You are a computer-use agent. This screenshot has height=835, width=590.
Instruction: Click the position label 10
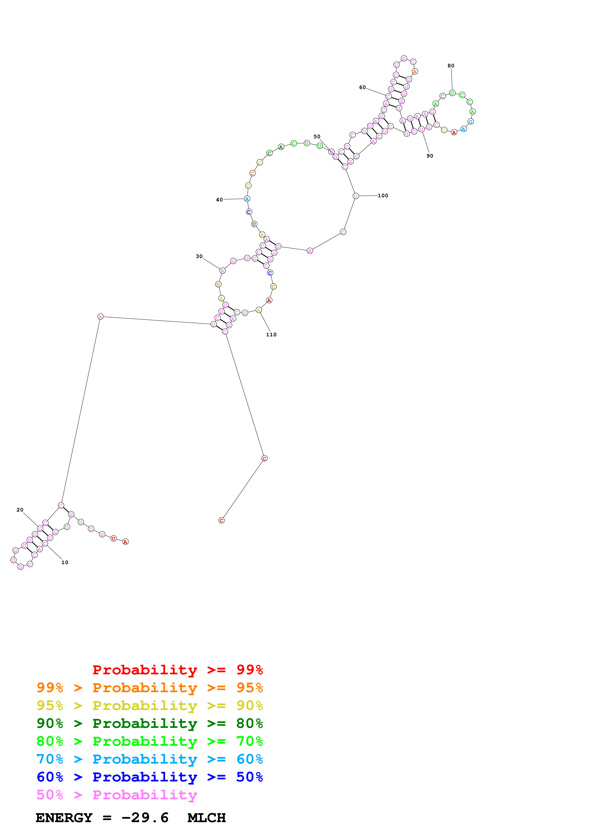pyautogui.click(x=65, y=562)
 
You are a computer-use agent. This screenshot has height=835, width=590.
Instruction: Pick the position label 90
pyautogui.click(x=429, y=156)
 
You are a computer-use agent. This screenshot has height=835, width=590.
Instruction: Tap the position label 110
pyautogui.click(x=271, y=335)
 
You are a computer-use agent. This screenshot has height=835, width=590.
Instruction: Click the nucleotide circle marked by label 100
pyautogui.click(x=356, y=196)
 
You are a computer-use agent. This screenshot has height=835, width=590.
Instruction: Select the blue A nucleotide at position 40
pyautogui.click(x=247, y=199)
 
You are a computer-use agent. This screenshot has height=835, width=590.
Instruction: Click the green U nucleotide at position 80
pyautogui.click(x=452, y=93)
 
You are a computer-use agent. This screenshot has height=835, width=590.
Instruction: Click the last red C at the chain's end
pyautogui.click(x=221, y=520)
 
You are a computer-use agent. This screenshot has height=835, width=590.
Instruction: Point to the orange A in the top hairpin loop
pyautogui.click(x=414, y=72)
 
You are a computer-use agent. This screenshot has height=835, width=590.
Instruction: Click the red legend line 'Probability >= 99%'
pyautogui.click(x=177, y=670)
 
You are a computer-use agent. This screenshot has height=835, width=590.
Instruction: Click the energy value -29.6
pyautogui.click(x=145, y=818)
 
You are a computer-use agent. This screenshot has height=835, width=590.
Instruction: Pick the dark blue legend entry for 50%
pyautogui.click(x=149, y=777)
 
